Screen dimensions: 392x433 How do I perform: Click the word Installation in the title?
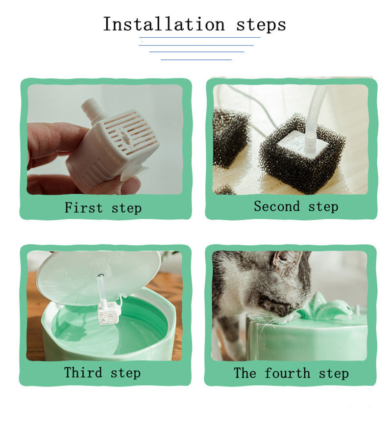pos(164,24)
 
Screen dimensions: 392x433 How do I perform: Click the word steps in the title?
pos(261,25)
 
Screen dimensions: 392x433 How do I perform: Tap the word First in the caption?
pos(84,207)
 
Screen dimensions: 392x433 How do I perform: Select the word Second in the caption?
pos(277,206)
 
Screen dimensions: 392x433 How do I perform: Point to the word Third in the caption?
pos(83,372)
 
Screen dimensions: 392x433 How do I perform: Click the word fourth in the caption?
pos(287,373)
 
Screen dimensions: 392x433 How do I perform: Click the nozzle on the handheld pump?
pos(92,109)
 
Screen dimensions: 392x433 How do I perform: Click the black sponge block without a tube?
pos(230,137)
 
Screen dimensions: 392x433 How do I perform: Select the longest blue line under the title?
pos(200,37)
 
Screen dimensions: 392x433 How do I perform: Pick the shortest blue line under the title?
pos(196,59)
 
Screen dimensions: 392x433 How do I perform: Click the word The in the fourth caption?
pos(245,373)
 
